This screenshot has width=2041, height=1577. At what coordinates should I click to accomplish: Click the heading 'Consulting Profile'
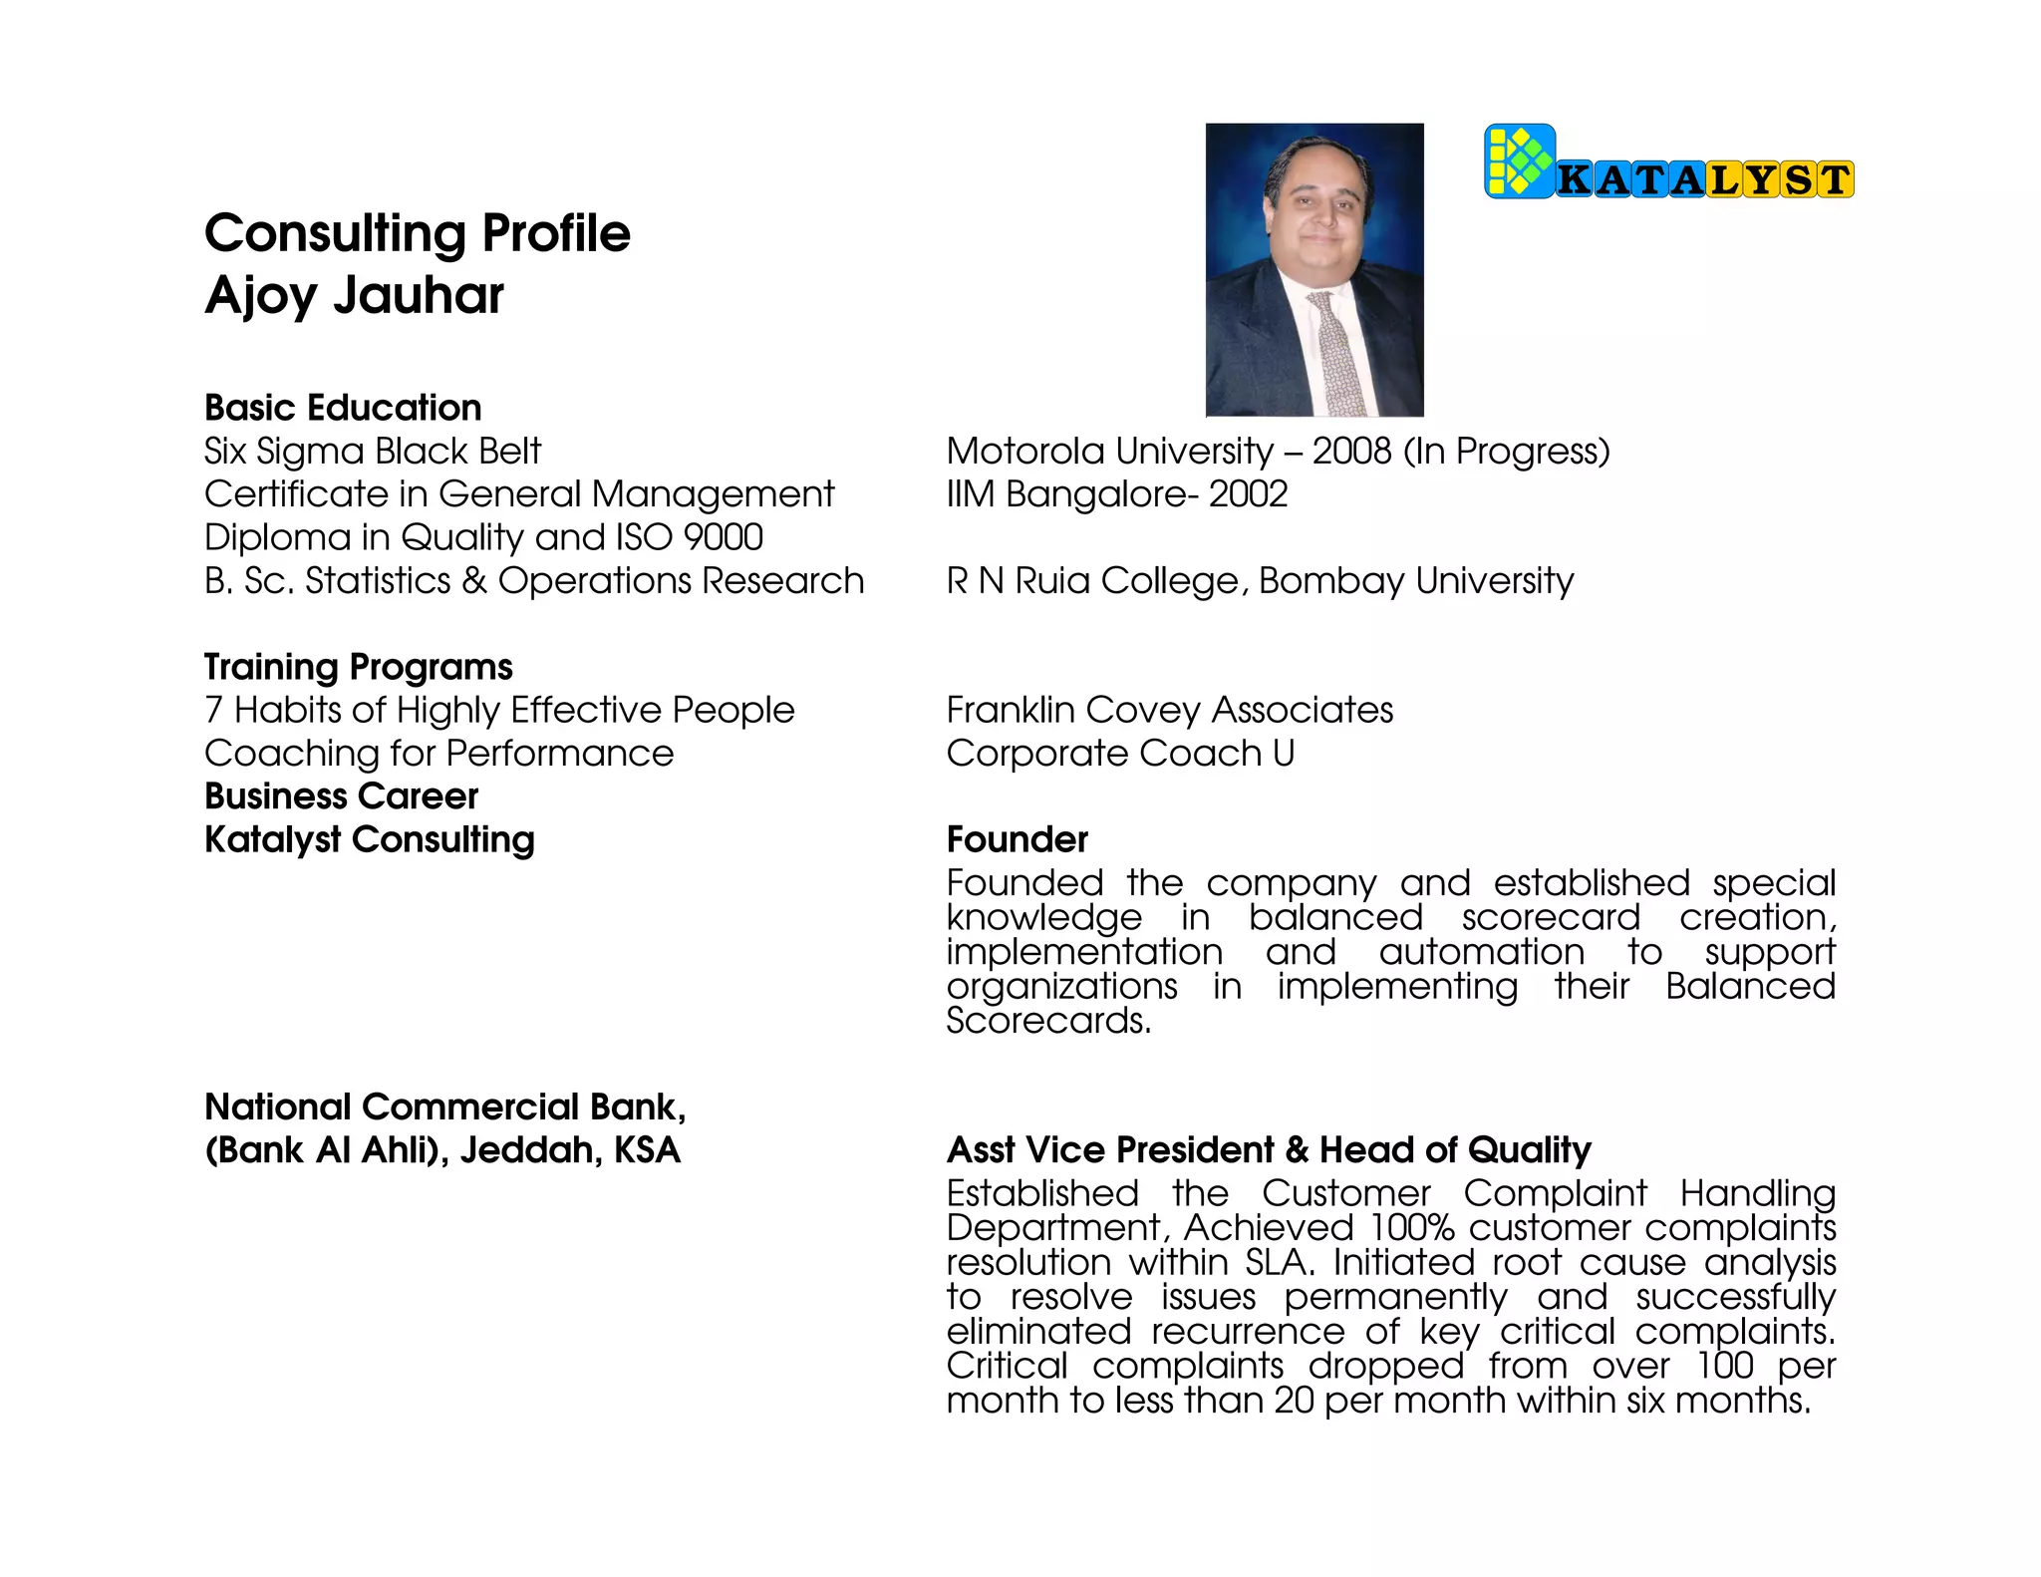tap(418, 233)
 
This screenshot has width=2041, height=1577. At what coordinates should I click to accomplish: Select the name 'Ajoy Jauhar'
tap(354, 295)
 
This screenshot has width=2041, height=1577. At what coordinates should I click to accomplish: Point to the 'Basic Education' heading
tap(343, 408)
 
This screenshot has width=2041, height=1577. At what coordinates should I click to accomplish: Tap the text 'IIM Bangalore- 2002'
tap(1116, 494)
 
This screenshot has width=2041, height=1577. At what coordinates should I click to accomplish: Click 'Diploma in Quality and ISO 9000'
tap(483, 537)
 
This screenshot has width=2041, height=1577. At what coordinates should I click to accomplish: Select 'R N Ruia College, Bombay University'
tap(1260, 581)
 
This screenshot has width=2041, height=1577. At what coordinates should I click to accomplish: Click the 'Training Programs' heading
tap(358, 667)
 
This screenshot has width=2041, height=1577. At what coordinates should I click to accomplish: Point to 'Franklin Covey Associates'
tap(1169, 710)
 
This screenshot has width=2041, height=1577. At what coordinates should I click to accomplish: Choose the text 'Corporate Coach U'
tap(1120, 754)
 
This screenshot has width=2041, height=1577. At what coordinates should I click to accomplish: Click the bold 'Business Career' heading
tap(341, 796)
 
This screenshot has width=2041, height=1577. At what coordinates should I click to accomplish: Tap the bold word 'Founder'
tap(1017, 839)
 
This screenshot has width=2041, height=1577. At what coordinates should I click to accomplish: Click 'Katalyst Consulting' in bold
tap(369, 839)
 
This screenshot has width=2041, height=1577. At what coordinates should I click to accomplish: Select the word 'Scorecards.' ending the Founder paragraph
tap(1048, 1021)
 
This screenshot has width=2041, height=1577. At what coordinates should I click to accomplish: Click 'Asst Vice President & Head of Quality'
tap(1268, 1150)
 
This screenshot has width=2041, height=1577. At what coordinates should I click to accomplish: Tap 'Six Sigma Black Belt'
tap(372, 452)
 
